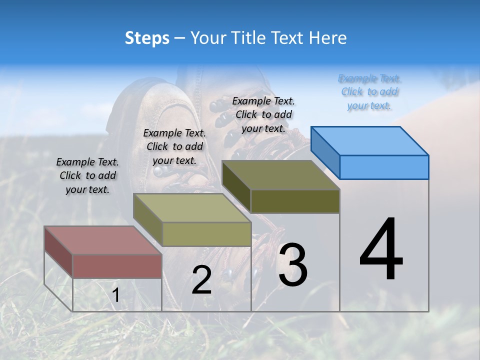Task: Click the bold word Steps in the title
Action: click(x=147, y=38)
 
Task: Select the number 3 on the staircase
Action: click(x=292, y=264)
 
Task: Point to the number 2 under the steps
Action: click(x=201, y=280)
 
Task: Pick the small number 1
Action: click(x=115, y=295)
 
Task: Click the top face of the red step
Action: click(x=102, y=240)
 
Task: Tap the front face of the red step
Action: click(x=117, y=266)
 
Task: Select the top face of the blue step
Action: click(x=370, y=140)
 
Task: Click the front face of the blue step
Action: click(x=384, y=167)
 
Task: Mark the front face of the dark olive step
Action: click(x=295, y=201)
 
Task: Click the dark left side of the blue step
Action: click(x=325, y=151)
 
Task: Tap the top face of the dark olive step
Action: click(x=280, y=175)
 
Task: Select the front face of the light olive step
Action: click(x=206, y=234)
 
